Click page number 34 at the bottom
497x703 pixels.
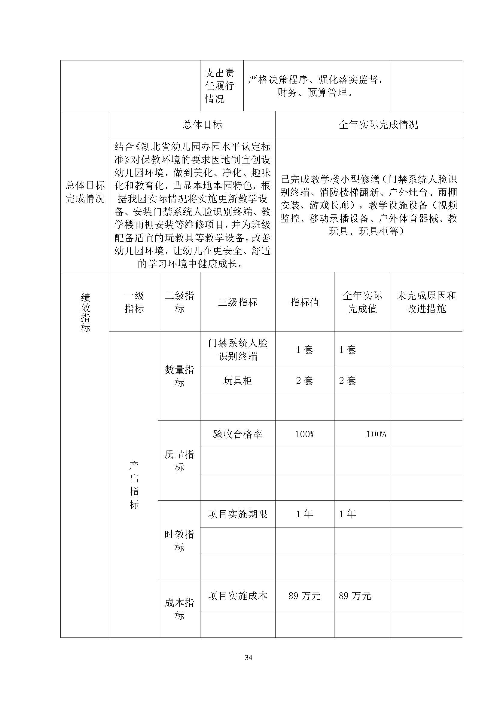(248, 657)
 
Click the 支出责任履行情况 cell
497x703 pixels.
(219, 86)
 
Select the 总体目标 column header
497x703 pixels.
(202, 125)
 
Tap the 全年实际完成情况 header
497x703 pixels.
(378, 125)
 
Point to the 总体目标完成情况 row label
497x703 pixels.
(85, 192)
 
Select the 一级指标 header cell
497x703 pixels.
(134, 302)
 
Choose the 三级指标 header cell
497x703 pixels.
(238, 302)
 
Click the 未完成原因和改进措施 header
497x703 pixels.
(426, 302)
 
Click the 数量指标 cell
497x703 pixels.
(179, 376)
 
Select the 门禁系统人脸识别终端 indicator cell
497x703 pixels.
(238, 350)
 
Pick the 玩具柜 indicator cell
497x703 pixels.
(238, 381)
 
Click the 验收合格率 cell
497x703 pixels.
(238, 434)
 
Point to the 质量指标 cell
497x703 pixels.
(179, 460)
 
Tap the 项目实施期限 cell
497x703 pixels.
(238, 514)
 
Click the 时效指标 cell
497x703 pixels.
(179, 541)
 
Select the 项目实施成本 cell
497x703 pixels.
(238, 595)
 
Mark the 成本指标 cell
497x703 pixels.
(179, 609)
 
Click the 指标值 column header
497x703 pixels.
(304, 302)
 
